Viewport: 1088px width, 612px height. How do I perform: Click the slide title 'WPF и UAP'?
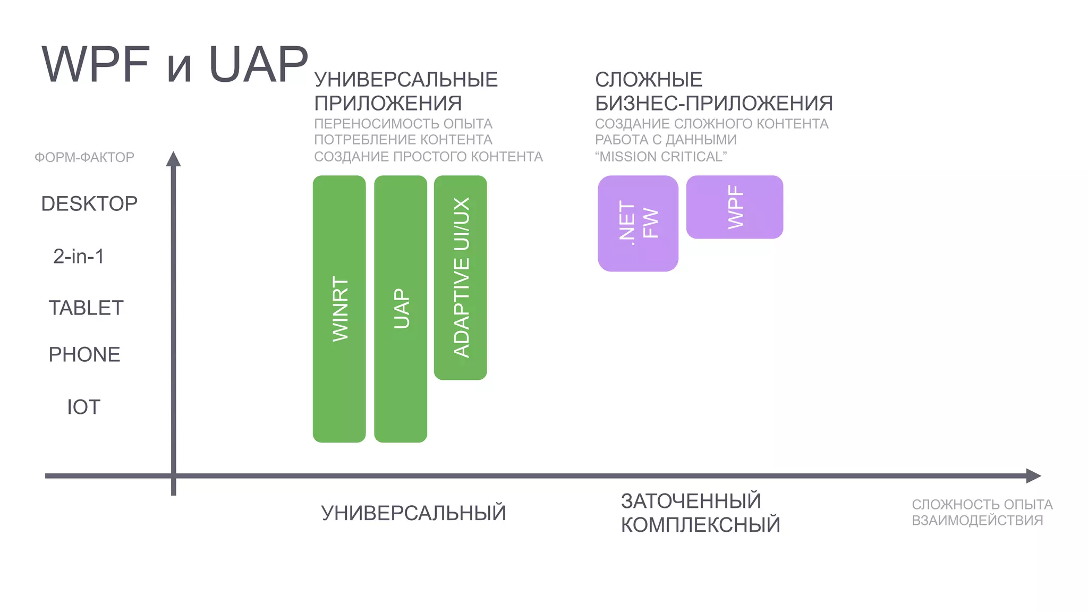pyautogui.click(x=175, y=64)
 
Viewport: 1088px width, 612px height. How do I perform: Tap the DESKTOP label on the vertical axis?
pyautogui.click(x=89, y=203)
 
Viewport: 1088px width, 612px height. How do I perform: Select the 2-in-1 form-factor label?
pyautogui.click(x=79, y=256)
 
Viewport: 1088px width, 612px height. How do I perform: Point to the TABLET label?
pyautogui.click(x=86, y=308)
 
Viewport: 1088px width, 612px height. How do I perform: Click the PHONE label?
pyautogui.click(x=84, y=354)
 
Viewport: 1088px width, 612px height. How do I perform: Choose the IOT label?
pyautogui.click(x=83, y=407)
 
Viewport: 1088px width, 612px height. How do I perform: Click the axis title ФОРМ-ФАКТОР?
pyautogui.click(x=84, y=157)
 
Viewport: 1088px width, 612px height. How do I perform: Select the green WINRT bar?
pyautogui.click(x=339, y=309)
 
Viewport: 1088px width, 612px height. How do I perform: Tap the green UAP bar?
pyautogui.click(x=401, y=309)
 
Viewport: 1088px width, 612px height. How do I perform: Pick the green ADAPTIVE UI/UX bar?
pyautogui.click(x=461, y=277)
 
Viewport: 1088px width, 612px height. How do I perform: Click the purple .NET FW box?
pyautogui.click(x=637, y=223)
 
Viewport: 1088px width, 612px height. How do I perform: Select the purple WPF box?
pyautogui.click(x=734, y=207)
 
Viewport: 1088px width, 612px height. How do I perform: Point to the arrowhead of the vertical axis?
pyautogui.click(x=173, y=158)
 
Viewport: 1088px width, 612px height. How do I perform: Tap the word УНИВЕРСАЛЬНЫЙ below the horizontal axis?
pyautogui.click(x=413, y=513)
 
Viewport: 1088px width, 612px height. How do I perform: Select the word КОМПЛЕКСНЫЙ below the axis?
pyautogui.click(x=700, y=525)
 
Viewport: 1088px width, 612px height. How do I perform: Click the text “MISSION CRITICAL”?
pyautogui.click(x=660, y=157)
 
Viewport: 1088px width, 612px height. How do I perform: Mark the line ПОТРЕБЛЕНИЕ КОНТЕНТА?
pyautogui.click(x=403, y=140)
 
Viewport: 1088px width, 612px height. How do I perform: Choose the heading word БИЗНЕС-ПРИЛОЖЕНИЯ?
pyautogui.click(x=713, y=103)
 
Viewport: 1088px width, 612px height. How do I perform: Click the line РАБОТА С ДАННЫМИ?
pyautogui.click(x=665, y=140)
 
